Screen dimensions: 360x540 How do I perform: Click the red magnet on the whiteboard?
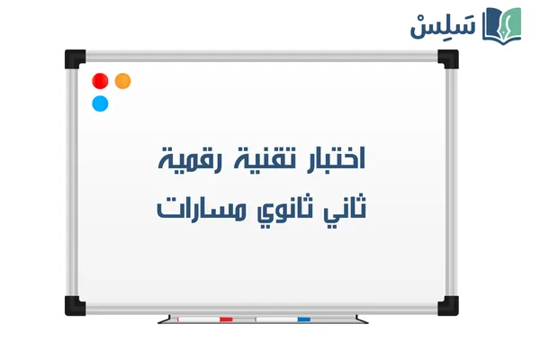point(101,81)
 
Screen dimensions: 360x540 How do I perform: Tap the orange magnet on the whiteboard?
point(123,80)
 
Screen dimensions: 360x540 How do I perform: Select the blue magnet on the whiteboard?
point(101,103)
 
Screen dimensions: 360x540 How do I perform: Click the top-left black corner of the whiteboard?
point(75,58)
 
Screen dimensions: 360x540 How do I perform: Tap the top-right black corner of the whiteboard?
point(447,58)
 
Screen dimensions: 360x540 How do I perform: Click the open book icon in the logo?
point(503,24)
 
